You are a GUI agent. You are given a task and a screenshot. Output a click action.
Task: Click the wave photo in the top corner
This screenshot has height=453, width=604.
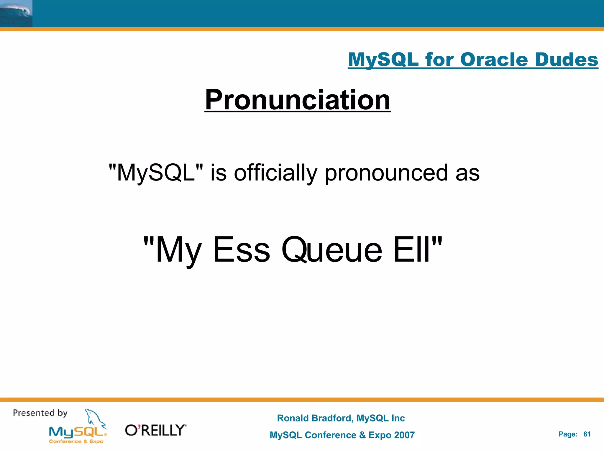coord(16,13)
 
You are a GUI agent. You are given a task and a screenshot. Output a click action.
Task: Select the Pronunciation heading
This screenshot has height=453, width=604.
coord(297,100)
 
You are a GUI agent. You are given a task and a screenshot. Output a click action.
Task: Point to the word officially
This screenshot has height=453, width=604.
coord(275,173)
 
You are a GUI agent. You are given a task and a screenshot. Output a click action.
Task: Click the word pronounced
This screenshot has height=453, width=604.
coord(386,173)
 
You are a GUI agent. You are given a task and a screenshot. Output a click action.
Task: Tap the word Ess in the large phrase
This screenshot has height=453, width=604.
coord(241,250)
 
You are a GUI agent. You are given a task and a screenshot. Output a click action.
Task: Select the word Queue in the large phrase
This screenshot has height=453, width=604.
coord(331,250)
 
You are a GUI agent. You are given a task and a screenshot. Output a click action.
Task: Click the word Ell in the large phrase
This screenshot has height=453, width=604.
coord(413,250)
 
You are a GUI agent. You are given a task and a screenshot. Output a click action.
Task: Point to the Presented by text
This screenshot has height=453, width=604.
coord(40,413)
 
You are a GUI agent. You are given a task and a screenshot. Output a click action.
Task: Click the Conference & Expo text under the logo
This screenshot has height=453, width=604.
coord(76,441)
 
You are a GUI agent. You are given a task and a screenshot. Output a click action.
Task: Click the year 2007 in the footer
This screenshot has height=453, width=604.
coord(404,435)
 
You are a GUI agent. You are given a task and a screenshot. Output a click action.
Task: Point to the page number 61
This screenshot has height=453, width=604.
coord(587,434)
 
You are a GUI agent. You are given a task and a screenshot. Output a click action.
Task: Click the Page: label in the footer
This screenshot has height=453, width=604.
coord(568,434)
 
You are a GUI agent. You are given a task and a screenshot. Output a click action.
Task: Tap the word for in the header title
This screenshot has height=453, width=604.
coord(439,60)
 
